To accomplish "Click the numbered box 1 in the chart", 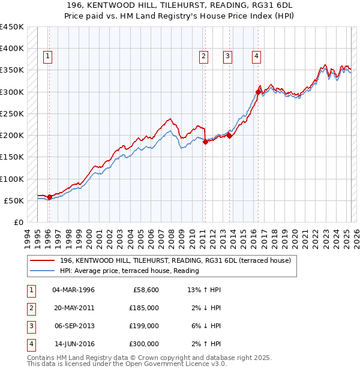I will coord(47,57).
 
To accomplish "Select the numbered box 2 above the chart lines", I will coord(204,57).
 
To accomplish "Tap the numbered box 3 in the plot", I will coord(228,57).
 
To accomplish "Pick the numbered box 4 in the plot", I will coord(256,57).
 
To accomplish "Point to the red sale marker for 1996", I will coord(49,197).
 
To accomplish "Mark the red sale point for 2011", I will coord(205,142).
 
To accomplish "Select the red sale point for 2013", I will coord(230,136).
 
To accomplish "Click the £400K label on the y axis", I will coord(12,48).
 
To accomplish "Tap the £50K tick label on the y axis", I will coord(14,200).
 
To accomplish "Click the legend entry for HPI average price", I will coord(129,271).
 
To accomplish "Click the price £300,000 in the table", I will coord(143,344).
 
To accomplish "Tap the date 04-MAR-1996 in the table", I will coord(74,290).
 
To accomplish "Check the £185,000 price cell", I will coord(143,308).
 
